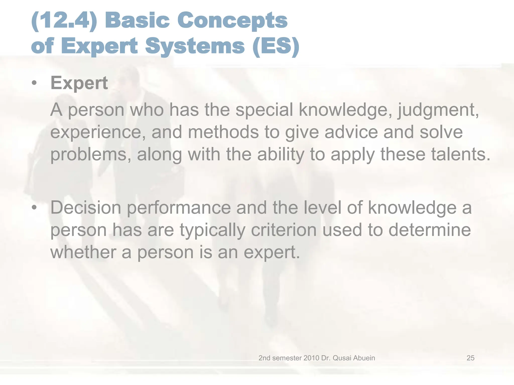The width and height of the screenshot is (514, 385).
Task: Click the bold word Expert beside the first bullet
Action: (x=79, y=83)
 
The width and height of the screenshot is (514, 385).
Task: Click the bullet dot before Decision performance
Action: (x=34, y=208)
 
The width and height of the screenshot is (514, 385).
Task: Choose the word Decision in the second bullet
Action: (x=86, y=208)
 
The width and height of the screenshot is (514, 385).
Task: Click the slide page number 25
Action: (x=470, y=358)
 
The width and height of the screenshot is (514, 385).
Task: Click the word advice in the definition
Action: (x=351, y=132)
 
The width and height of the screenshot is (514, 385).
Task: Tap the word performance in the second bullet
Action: (x=179, y=208)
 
